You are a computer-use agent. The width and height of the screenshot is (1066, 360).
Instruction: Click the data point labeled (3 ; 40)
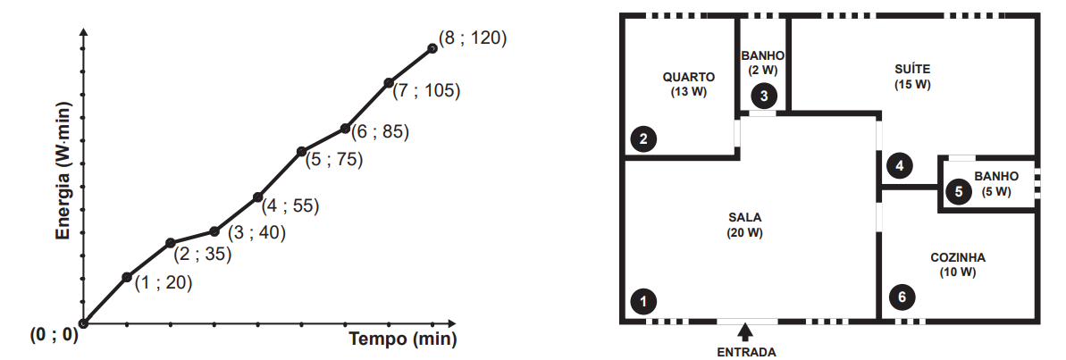[x=214, y=231]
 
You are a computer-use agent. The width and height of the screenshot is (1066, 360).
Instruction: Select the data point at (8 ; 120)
[x=432, y=48]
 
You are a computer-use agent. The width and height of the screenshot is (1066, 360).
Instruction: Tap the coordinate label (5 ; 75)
[x=334, y=160]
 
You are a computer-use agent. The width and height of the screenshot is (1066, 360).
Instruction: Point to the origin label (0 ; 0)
[x=54, y=336]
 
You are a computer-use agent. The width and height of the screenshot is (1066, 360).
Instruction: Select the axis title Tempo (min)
[x=402, y=339]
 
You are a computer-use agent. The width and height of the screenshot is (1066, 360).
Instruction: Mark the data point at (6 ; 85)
[x=346, y=128]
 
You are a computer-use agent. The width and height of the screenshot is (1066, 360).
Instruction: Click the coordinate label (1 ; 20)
[x=164, y=283]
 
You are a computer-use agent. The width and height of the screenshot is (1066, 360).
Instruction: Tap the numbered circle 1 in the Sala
[x=643, y=300]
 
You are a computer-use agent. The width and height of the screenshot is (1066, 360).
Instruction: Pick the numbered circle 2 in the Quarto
[x=643, y=139]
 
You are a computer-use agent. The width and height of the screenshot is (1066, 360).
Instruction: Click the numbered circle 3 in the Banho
[x=764, y=96]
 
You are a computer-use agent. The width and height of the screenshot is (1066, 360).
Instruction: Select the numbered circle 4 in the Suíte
[x=900, y=165]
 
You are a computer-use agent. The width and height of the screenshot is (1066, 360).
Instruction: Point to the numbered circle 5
[x=959, y=191]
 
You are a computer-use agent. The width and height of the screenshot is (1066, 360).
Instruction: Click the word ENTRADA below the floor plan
[x=746, y=352]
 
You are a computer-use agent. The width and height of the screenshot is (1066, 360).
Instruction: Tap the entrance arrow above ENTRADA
[x=746, y=331]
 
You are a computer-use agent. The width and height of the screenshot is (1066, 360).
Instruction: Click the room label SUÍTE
[x=912, y=70]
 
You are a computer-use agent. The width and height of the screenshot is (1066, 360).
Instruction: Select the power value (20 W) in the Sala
[x=745, y=232]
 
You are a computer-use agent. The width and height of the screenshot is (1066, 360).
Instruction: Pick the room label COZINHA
[x=958, y=258]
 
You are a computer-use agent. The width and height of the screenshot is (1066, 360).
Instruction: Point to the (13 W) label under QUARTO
[x=689, y=92]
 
